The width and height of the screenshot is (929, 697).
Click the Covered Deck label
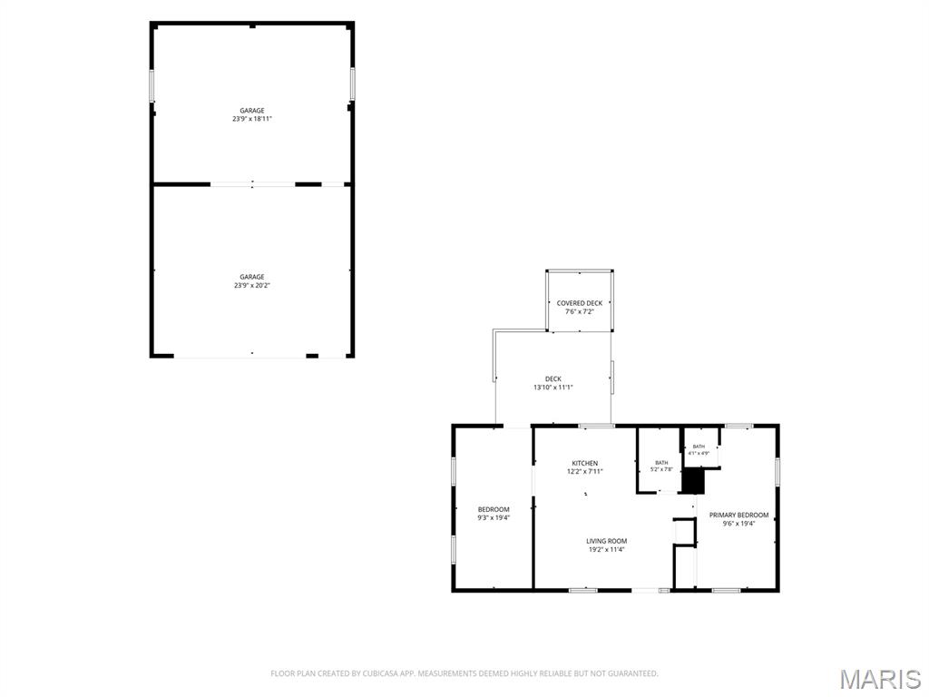point(580,303)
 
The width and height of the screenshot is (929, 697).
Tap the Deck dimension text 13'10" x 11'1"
point(553,388)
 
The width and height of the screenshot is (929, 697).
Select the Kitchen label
point(585,463)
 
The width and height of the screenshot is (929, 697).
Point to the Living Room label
point(607,541)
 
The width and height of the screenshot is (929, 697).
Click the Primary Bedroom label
point(738,515)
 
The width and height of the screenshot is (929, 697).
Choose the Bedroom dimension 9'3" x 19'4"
point(494,517)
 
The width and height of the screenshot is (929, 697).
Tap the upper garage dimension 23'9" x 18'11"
point(252,119)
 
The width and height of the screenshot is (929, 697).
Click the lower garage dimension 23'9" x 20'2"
point(252,285)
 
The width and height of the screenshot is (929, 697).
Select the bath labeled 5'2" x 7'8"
point(661,466)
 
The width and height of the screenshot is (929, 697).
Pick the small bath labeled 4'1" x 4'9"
point(699,450)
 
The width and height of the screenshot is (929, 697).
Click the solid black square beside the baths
point(692,481)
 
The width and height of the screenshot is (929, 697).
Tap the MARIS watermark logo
point(880,679)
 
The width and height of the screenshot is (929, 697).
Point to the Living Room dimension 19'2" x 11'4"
point(607,549)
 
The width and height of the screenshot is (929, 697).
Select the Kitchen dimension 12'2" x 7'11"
point(585,471)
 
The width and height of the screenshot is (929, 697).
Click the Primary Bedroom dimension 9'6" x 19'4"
point(738,524)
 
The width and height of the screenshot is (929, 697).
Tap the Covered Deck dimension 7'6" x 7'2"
point(580,311)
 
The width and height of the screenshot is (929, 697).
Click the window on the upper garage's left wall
point(152,85)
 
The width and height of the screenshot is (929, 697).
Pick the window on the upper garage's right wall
point(353,83)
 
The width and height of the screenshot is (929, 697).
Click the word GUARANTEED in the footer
point(635,673)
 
